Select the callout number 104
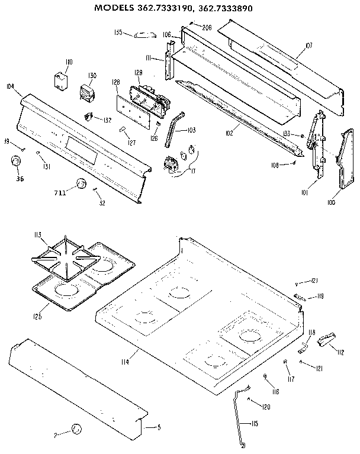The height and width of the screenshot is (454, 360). click(x=11, y=86)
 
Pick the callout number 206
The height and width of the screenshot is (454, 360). click(x=207, y=27)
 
